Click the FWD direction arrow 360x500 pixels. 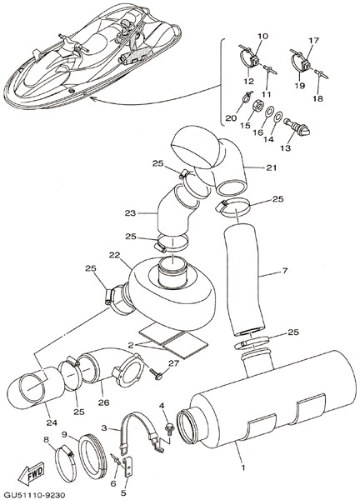point(31,472)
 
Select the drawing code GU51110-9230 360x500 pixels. point(32,495)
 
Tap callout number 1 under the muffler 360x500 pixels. point(243,467)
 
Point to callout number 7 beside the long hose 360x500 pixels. point(285,272)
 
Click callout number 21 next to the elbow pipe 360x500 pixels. point(272,167)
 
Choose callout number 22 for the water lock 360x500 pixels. point(114,255)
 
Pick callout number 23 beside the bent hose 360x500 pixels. point(130,213)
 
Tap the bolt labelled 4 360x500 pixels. point(168,427)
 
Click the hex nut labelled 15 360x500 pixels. point(257,105)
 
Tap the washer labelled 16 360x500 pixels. point(269,112)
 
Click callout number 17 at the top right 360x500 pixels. point(314,41)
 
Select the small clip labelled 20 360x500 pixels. point(247,97)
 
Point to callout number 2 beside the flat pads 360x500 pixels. point(131,345)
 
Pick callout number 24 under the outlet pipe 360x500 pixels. point(52,422)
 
